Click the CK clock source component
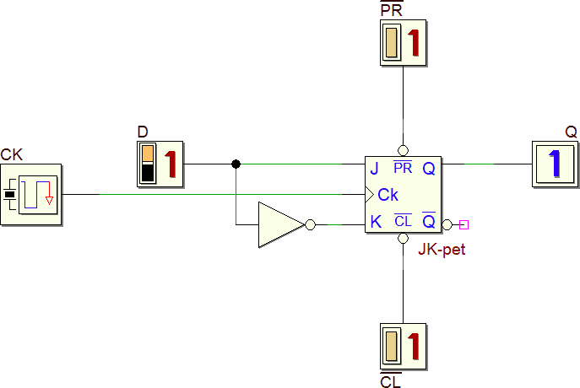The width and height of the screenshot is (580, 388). click(31, 195)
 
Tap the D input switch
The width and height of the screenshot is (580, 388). click(160, 164)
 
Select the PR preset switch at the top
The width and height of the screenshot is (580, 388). click(403, 43)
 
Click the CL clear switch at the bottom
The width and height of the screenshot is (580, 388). click(403, 345)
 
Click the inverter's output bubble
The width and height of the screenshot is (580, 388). click(310, 224)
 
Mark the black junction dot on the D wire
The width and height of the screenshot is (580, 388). click(236, 164)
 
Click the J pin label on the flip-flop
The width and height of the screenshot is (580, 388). click(374, 169)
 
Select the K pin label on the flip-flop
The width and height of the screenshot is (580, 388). click(375, 223)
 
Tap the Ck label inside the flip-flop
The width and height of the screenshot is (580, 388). click(388, 195)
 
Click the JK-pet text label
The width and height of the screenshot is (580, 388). click(442, 249)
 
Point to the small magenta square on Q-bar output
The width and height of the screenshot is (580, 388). click(463, 224)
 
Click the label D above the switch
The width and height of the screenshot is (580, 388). click(142, 132)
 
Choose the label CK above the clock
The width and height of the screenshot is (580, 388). click(12, 154)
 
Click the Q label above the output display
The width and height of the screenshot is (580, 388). click(572, 132)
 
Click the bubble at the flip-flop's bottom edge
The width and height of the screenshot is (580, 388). click(403, 240)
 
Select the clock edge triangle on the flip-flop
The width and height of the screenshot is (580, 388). click(370, 195)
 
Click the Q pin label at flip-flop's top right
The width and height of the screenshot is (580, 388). click(429, 169)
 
